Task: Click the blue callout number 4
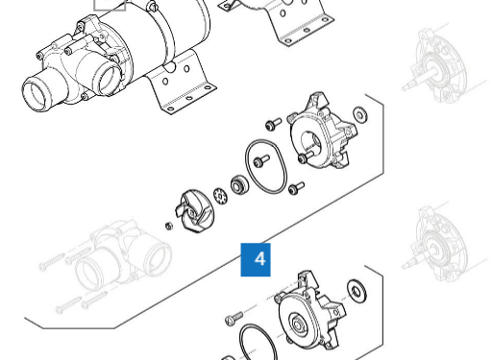pyautogui.click(x=256, y=259)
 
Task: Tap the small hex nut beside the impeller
pyautogui.click(x=169, y=226)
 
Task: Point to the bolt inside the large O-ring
pyautogui.click(x=261, y=161)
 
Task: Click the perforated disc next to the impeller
pyautogui.click(x=220, y=196)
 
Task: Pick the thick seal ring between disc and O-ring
pyautogui.click(x=239, y=185)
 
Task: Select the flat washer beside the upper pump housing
pyautogui.click(x=360, y=114)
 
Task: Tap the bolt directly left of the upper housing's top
pyautogui.click(x=273, y=124)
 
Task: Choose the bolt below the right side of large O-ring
pyautogui.click(x=296, y=188)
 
